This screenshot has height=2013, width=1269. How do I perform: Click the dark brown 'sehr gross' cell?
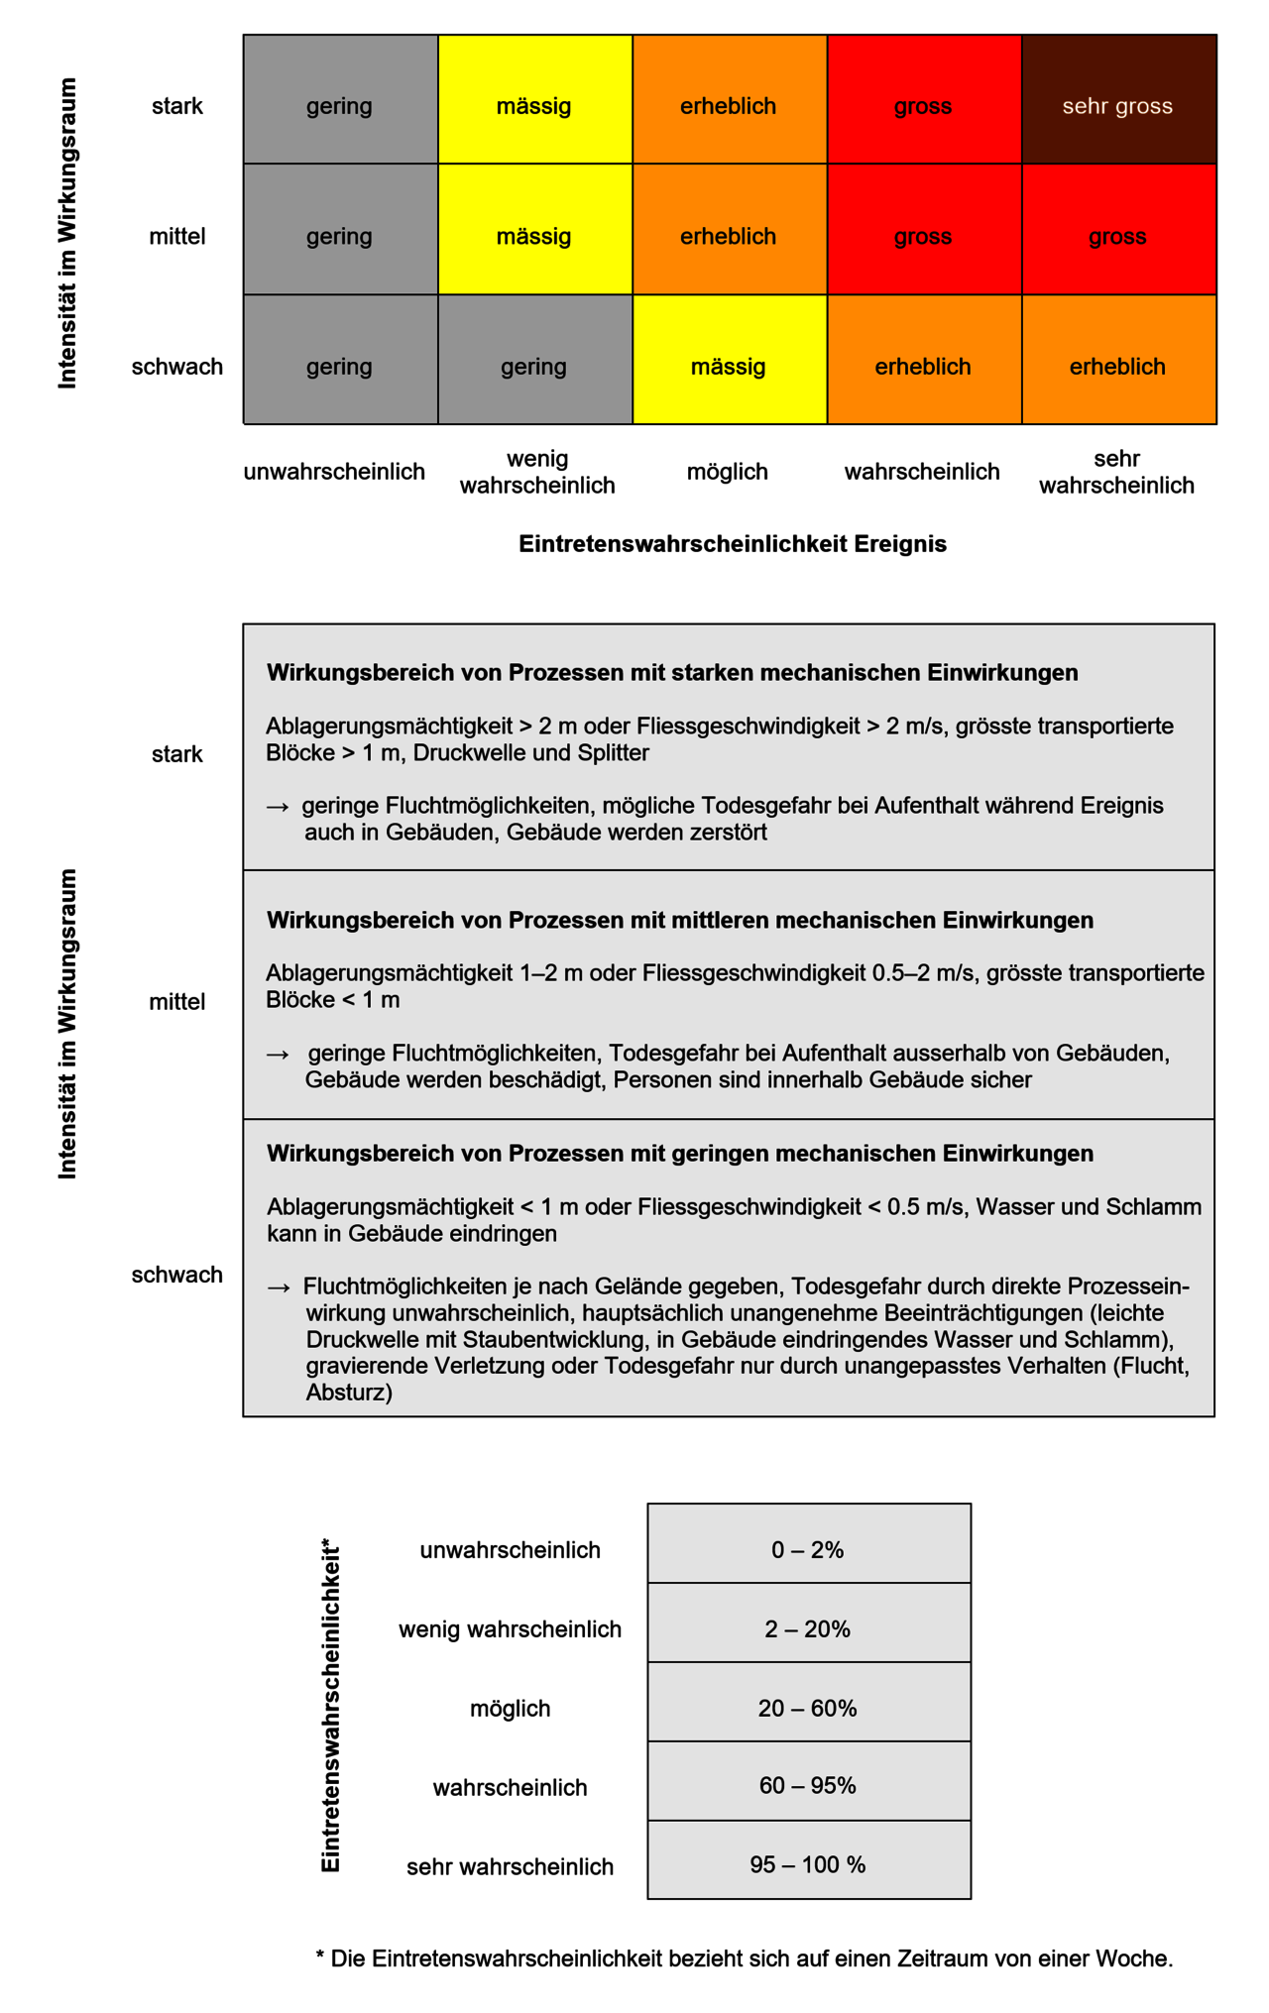coord(1117,106)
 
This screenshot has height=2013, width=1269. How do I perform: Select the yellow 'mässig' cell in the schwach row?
coord(729,367)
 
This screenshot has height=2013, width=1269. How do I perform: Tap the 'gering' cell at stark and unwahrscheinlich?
coord(339,106)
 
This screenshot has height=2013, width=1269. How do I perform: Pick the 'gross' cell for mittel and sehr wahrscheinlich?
coord(1117,236)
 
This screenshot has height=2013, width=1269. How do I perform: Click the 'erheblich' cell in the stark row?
coord(729,106)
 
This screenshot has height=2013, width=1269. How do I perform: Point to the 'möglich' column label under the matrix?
coord(728,472)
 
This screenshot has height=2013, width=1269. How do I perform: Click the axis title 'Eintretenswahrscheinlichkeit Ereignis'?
coord(733,544)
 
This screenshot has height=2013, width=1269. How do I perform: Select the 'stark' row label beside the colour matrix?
coord(176,106)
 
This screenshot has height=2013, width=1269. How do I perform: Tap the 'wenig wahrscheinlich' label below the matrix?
coord(537,472)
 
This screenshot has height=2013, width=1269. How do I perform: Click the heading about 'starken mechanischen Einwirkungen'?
coord(672,673)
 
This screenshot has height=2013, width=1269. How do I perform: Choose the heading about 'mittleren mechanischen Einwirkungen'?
coord(680,920)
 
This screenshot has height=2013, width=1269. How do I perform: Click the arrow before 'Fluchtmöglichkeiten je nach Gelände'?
coord(279,1287)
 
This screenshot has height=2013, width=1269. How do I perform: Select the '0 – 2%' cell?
coord(808,1550)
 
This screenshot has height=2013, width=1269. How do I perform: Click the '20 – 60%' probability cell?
coord(808,1709)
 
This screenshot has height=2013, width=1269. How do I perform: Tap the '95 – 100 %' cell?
coord(808,1864)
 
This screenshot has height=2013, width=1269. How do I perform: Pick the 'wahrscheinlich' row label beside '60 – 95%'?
coord(510,1787)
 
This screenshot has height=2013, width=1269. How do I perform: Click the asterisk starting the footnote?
coord(320,1957)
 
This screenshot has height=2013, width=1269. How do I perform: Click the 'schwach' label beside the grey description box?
coord(176,1275)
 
